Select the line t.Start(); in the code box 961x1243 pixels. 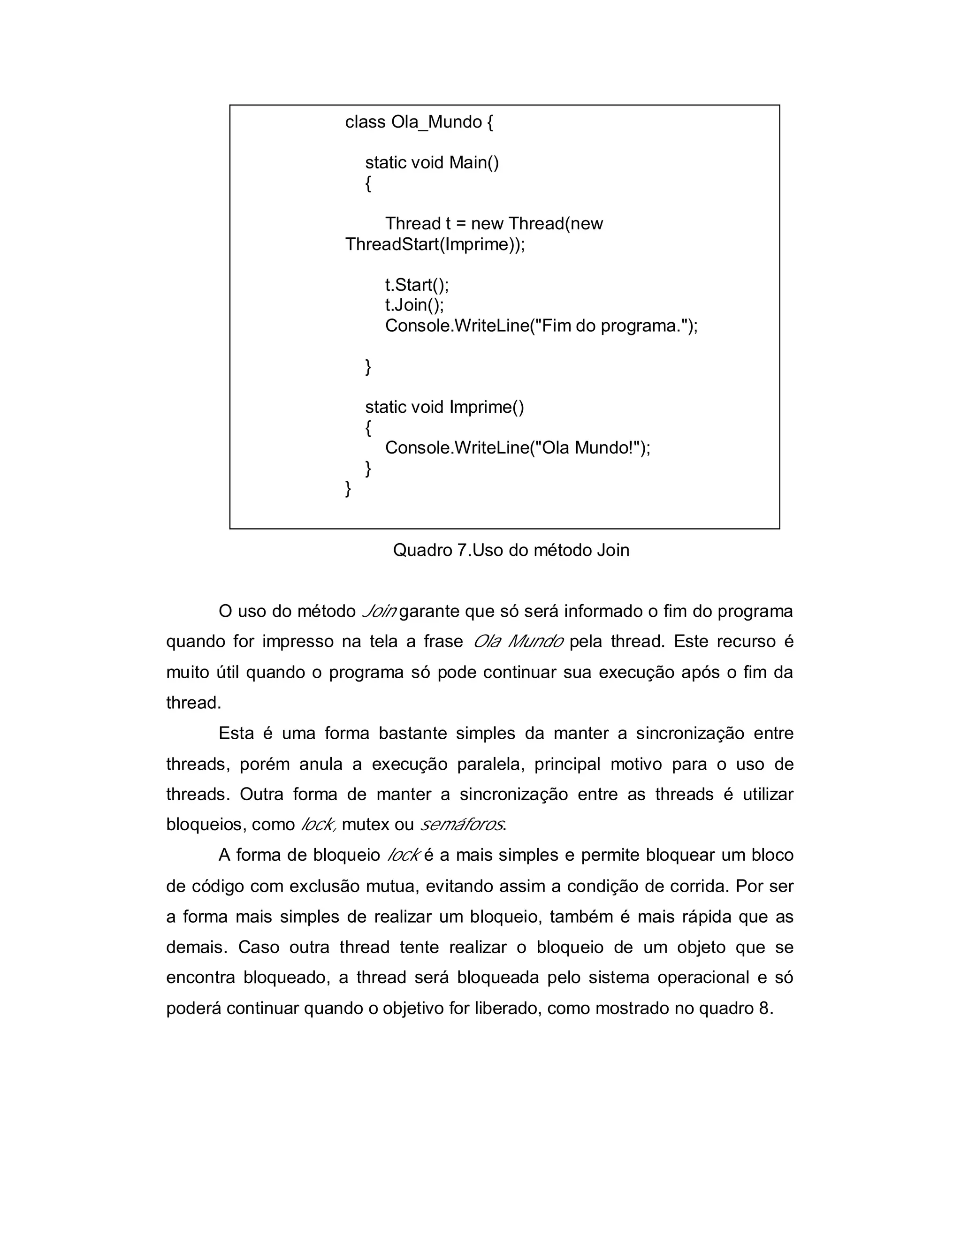tap(417, 285)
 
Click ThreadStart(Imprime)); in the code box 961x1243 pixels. tap(435, 244)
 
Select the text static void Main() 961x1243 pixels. tap(432, 163)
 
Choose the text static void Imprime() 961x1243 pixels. tap(444, 407)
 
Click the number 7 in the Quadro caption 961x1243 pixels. tap(462, 550)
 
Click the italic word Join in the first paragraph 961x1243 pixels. tap(379, 612)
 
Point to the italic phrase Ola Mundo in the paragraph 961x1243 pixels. tap(518, 642)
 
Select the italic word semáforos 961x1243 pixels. tap(461, 825)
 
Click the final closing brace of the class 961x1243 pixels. tap(348, 489)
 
